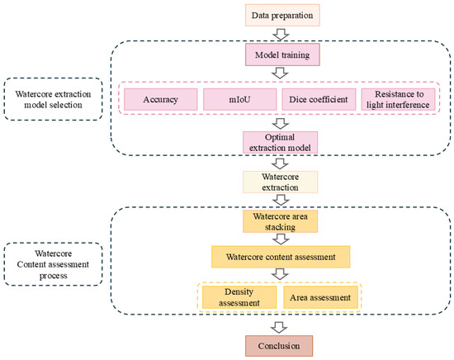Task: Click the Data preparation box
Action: [x=282, y=16]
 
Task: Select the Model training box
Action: [x=282, y=54]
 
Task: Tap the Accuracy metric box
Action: [x=161, y=99]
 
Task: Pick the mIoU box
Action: [x=239, y=99]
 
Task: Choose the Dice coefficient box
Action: [x=319, y=99]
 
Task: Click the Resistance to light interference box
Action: [x=398, y=99]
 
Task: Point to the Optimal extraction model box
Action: [x=281, y=143]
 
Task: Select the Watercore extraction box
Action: [x=281, y=182]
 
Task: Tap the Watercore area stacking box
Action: [x=281, y=221]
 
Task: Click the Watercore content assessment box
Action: [x=281, y=257]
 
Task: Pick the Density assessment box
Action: [x=239, y=297]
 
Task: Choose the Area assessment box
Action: [x=320, y=297]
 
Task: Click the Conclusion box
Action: [x=279, y=346]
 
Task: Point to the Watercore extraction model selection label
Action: [x=54, y=99]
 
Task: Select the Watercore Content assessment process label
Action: [x=54, y=264]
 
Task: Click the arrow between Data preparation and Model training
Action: [x=281, y=35]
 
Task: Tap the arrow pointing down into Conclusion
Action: [x=279, y=327]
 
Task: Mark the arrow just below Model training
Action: [x=281, y=73]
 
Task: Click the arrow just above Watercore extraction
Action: [x=281, y=163]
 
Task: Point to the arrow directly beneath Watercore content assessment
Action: [x=281, y=273]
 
